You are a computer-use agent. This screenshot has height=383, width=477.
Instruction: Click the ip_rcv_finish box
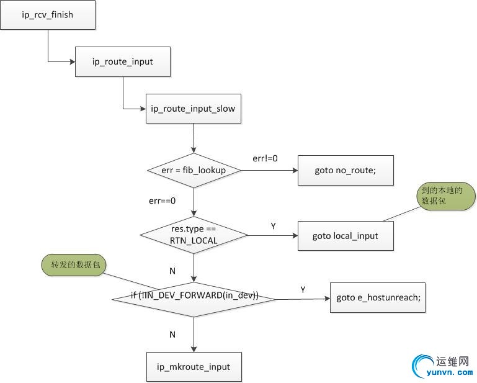tap(48, 14)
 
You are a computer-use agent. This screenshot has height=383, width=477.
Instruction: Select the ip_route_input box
tap(123, 62)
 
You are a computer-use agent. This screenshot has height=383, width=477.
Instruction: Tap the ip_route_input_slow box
tap(193, 109)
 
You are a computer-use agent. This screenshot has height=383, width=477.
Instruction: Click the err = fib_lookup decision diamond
tap(194, 170)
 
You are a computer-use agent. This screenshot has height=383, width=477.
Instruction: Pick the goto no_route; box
tap(345, 170)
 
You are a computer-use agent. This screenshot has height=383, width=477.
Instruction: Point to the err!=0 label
tap(265, 158)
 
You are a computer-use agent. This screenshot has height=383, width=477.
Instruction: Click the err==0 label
tap(163, 201)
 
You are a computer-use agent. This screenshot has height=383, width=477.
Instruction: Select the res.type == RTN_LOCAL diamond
tap(194, 235)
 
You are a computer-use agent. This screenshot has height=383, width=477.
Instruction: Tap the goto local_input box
tap(345, 235)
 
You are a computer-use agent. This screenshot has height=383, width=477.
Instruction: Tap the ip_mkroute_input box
tap(194, 366)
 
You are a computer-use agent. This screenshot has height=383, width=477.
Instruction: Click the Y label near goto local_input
tap(273, 226)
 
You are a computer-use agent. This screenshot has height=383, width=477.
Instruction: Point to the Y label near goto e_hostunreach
tap(303, 289)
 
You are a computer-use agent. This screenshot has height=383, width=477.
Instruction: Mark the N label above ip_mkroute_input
tap(172, 335)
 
